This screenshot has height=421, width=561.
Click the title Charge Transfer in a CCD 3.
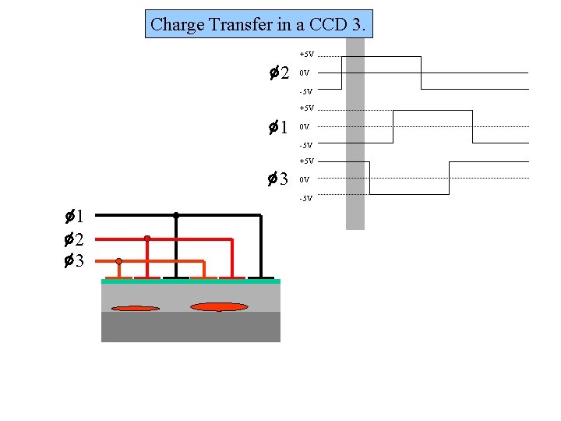click(258, 24)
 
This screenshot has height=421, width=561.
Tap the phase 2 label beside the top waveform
click(279, 73)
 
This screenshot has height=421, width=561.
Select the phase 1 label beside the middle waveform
click(279, 126)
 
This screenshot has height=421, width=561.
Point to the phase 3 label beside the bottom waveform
click(279, 180)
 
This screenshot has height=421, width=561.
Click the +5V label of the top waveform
click(306, 55)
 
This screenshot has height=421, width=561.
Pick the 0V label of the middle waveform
click(305, 126)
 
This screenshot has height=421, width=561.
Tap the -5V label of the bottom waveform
click(305, 198)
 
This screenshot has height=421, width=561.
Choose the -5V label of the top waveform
click(305, 92)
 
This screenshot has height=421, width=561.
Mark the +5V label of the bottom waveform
click(306, 161)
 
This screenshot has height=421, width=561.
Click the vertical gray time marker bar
click(355, 133)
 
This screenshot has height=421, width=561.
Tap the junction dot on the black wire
click(176, 215)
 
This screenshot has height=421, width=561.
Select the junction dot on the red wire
click(146, 239)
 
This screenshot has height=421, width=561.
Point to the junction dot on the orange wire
click(118, 262)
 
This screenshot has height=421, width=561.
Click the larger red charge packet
click(219, 307)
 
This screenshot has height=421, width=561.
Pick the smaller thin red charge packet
click(136, 309)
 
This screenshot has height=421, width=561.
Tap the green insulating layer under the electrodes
click(190, 281)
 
